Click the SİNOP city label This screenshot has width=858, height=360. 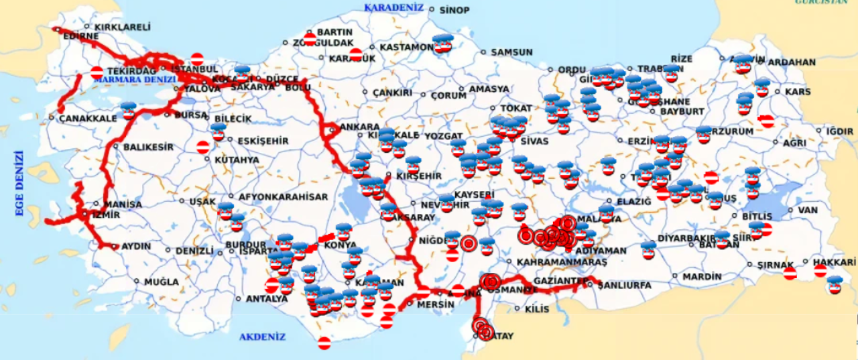454,10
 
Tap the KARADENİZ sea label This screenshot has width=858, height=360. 394,7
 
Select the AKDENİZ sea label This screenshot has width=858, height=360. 262,337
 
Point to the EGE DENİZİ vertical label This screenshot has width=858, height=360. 19,184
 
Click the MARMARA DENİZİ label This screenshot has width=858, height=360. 135,79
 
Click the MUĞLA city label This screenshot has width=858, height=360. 161,282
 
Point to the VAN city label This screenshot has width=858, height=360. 808,210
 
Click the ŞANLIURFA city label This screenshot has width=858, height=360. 624,285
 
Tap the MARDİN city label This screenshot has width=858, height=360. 703,276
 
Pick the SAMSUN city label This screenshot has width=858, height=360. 511,52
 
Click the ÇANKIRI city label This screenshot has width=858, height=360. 392,93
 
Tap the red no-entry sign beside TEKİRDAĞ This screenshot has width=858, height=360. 97,72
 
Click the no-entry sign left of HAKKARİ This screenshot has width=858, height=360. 790,273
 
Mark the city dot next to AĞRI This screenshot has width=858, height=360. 776,143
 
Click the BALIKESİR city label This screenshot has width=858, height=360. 148,147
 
